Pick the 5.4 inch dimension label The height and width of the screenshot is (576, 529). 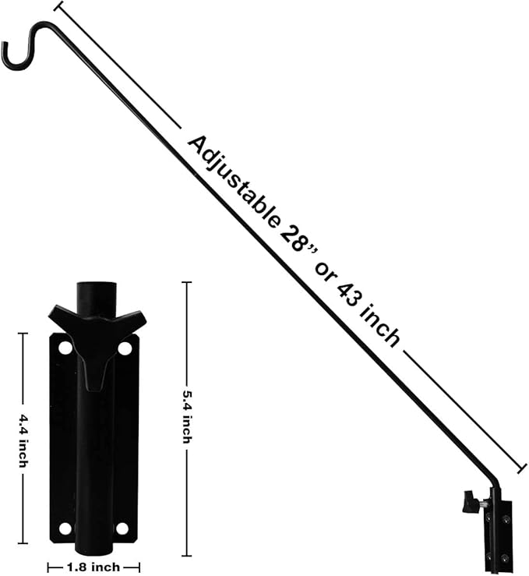(186, 417)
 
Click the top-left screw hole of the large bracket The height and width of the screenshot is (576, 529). (65, 348)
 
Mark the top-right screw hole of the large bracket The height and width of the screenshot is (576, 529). (125, 348)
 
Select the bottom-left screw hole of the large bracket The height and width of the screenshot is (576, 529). (65, 528)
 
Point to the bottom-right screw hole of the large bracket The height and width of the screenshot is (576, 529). (122, 528)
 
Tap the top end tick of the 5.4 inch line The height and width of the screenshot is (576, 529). (186, 282)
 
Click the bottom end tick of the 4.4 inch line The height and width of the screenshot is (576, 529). (23, 542)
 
